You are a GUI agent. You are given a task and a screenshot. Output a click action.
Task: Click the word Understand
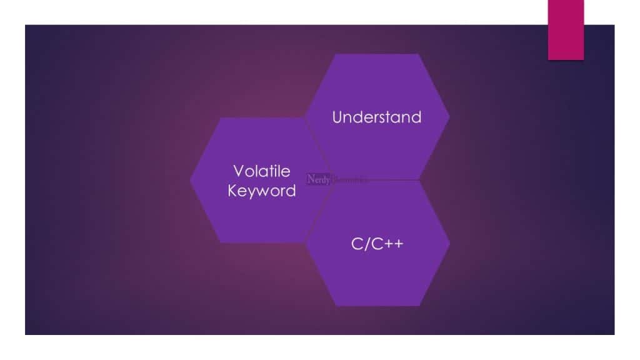(377, 117)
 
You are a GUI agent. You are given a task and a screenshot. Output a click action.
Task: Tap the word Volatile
(262, 171)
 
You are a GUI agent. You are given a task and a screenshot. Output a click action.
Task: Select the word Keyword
(262, 191)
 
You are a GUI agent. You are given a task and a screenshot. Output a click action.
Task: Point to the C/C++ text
(377, 243)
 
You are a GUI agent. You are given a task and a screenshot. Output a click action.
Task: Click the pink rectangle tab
(566, 29)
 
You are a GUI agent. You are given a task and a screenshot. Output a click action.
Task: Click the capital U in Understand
(337, 117)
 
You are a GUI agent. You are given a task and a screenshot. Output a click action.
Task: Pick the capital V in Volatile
(237, 171)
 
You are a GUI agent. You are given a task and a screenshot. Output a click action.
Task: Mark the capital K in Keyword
(232, 191)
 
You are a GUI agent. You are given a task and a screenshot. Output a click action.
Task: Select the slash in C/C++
(366, 243)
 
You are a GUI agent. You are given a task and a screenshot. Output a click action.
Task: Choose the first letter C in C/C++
(356, 243)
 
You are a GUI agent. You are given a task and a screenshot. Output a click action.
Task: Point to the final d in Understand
(416, 117)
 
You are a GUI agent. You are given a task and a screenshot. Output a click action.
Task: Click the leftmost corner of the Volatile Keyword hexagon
(190, 180)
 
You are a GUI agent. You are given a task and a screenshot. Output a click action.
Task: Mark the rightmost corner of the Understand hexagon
(449, 117)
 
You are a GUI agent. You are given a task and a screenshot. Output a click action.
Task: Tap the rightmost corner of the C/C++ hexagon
(449, 243)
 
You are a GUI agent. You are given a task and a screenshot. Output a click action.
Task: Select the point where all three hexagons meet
(333, 180)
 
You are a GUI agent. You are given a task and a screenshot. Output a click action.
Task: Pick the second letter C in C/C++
(375, 243)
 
